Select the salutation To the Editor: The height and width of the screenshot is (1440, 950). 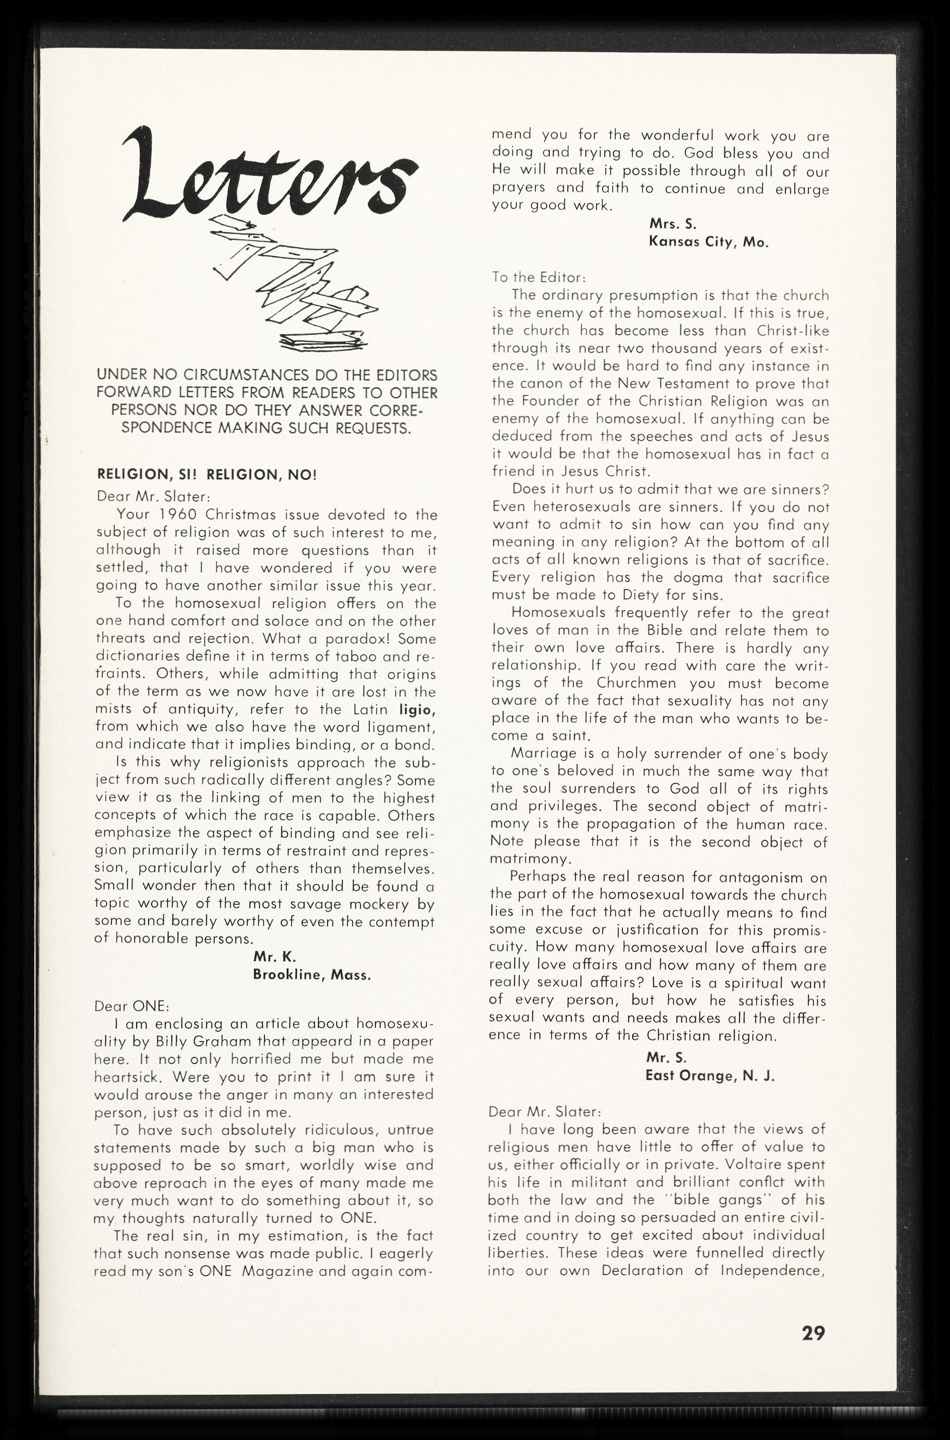click(x=538, y=278)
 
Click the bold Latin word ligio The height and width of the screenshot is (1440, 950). click(x=418, y=709)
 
